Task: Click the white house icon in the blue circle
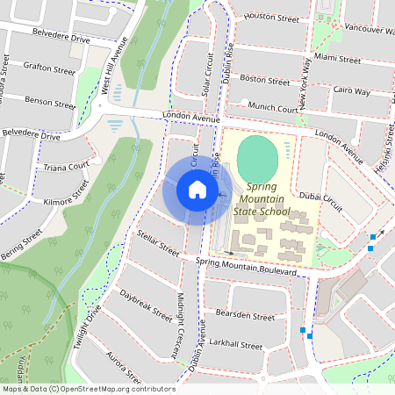click(x=197, y=190)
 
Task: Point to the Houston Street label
click(x=271, y=17)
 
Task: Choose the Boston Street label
click(x=264, y=80)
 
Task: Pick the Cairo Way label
click(x=351, y=90)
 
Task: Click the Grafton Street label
click(x=49, y=68)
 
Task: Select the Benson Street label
click(x=51, y=101)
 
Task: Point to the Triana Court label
click(x=66, y=166)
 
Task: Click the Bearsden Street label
click(x=239, y=312)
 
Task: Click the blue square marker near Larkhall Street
click(x=304, y=330)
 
